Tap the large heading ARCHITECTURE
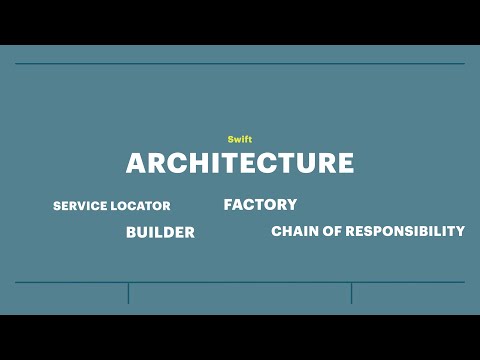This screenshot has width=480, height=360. (x=240, y=163)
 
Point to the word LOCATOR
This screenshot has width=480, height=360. (x=141, y=206)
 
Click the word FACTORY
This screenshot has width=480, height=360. (x=260, y=204)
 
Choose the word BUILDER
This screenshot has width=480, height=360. (x=160, y=232)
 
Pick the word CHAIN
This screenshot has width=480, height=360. (x=294, y=231)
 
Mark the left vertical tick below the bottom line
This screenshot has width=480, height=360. (x=128, y=293)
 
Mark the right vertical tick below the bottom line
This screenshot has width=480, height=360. (x=351, y=293)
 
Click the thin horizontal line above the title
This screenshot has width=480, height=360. (x=240, y=64)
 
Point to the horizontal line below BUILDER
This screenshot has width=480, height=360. (x=240, y=282)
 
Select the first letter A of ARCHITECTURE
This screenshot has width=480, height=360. (x=136, y=163)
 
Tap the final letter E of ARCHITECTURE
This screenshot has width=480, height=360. (x=344, y=163)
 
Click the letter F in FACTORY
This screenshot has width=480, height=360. (x=229, y=204)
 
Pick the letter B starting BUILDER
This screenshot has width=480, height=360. (x=131, y=232)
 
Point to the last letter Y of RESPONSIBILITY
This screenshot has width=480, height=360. (x=459, y=231)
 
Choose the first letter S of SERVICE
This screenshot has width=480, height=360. (x=57, y=206)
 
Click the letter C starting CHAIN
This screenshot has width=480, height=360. (x=276, y=231)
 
